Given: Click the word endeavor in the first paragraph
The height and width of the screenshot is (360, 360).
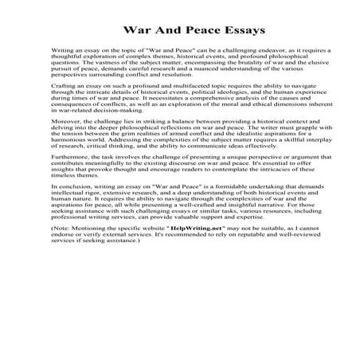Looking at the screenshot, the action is click(x=246, y=70).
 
